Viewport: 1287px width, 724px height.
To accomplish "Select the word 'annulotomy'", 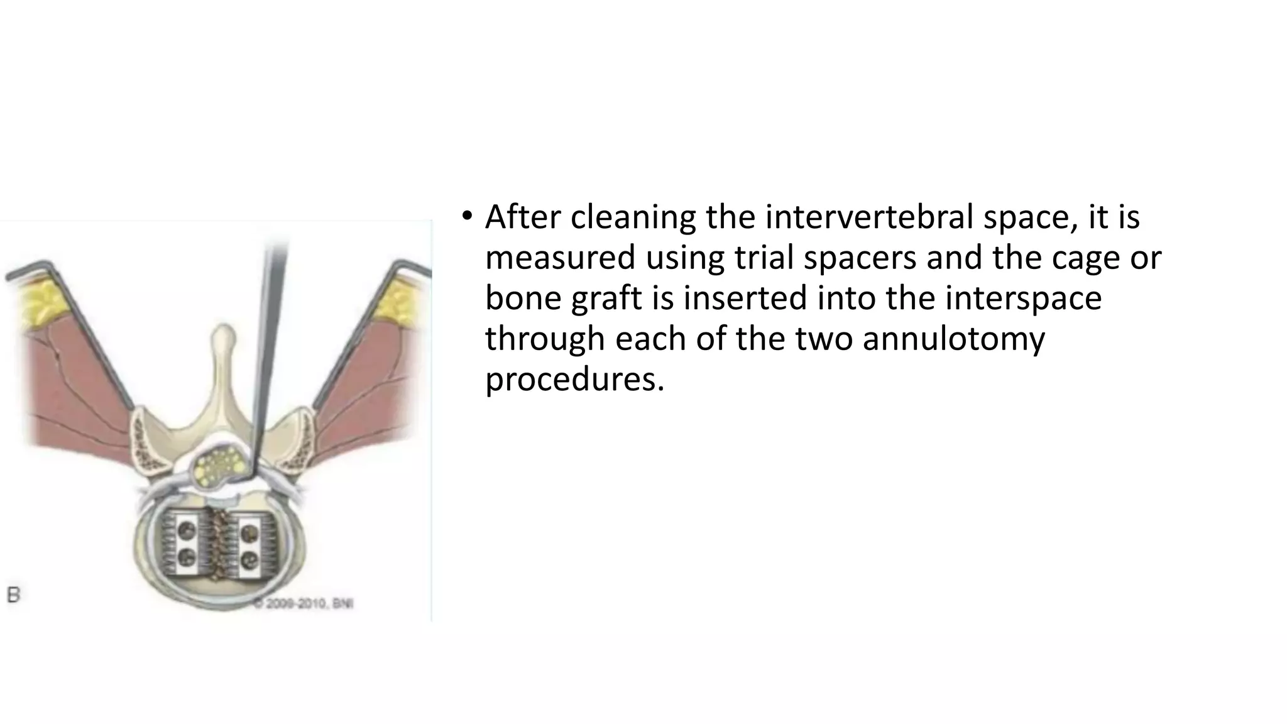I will pyautogui.click(x=953, y=339).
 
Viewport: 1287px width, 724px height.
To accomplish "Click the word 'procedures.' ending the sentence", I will pyautogui.click(x=574, y=380).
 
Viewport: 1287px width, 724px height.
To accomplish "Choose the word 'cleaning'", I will pyautogui.click(x=633, y=217).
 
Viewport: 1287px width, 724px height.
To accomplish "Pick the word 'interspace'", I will pyautogui.click(x=1023, y=298).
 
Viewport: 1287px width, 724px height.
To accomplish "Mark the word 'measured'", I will pyautogui.click(x=560, y=258).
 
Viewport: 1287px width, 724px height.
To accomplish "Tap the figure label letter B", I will pyautogui.click(x=13, y=595).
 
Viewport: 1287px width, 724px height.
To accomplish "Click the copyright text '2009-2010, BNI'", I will pyautogui.click(x=304, y=603).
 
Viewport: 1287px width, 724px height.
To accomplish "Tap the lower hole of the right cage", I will pyautogui.click(x=249, y=557).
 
